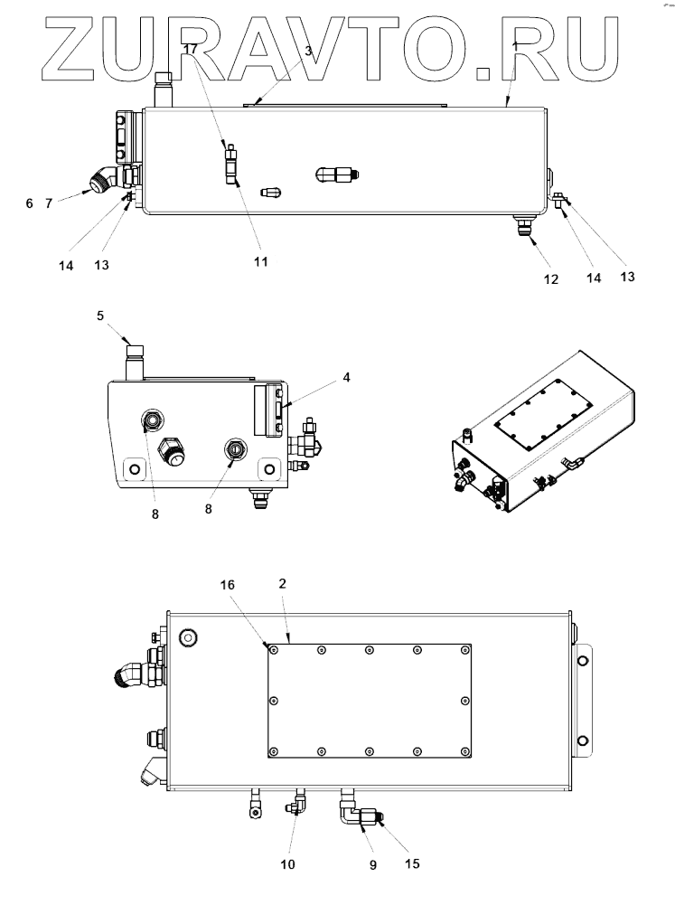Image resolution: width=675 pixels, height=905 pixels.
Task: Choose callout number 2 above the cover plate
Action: [x=283, y=585]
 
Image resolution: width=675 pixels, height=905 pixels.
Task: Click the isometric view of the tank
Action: [x=542, y=434]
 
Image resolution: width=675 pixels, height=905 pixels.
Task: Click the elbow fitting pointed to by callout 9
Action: [x=351, y=813]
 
